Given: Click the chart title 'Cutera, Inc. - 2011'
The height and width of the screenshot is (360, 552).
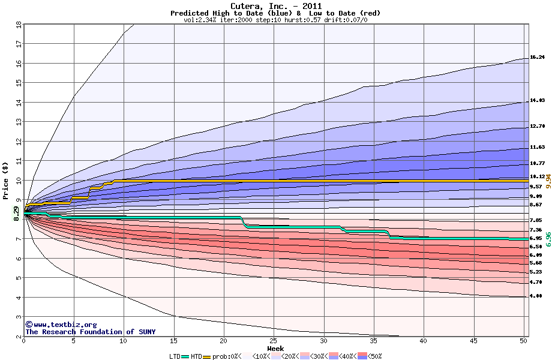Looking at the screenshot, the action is click(275, 6).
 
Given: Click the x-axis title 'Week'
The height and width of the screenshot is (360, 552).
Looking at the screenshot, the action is click(275, 349).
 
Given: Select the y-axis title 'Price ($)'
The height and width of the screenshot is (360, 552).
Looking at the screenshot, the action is click(5, 181).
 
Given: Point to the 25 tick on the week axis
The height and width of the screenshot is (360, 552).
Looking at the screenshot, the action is click(273, 341).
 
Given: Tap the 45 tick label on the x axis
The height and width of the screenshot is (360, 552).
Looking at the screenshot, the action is click(474, 341).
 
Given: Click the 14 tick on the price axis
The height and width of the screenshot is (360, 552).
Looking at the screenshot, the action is click(19, 103).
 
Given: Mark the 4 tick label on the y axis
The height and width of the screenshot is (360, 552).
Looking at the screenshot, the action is click(19, 298).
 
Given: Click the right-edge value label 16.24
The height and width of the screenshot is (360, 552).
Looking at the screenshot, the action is click(537, 57).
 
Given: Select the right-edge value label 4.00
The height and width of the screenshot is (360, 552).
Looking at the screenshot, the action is click(536, 296).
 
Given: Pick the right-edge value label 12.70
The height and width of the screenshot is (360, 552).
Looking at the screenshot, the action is click(537, 126).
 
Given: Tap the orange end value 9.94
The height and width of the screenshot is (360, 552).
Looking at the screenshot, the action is click(548, 181).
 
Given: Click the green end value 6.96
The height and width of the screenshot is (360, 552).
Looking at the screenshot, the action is click(548, 239).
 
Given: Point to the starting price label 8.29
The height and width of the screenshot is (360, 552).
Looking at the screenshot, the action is click(16, 214).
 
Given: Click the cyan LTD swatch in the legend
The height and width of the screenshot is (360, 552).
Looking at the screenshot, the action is click(185, 357).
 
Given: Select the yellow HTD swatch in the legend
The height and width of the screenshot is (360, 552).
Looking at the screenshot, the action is click(206, 357).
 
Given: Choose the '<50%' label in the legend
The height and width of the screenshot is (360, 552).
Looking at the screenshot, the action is click(374, 356).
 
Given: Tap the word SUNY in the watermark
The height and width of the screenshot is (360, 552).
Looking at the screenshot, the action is click(147, 332).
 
